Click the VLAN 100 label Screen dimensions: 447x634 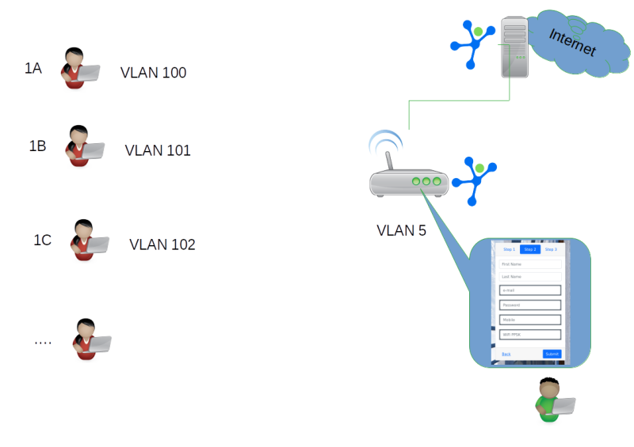pyautogui.click(x=153, y=73)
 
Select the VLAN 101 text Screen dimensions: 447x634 pyautogui.click(x=158, y=150)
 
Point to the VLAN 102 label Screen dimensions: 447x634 pyautogui.click(x=162, y=244)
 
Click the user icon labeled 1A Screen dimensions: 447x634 pyautogui.click(x=79, y=70)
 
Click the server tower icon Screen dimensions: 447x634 pyautogui.click(x=515, y=47)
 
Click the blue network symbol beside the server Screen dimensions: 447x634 pyautogui.click(x=473, y=40)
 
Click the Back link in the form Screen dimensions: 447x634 pyautogui.click(x=506, y=354)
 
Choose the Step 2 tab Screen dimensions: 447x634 pyautogui.click(x=530, y=249)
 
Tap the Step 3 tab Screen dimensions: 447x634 pyautogui.click(x=550, y=249)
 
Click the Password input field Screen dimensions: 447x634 pyautogui.click(x=529, y=305)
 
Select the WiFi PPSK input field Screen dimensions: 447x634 pyautogui.click(x=529, y=335)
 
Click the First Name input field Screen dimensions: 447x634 pyautogui.click(x=529, y=263)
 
